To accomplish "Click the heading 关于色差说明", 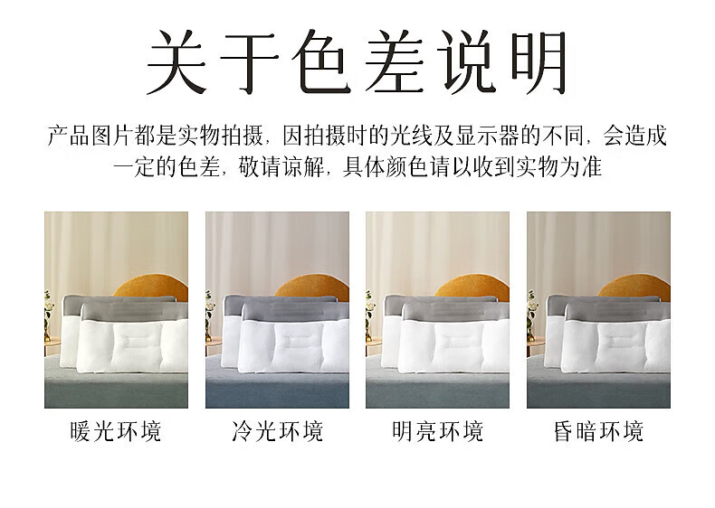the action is point(357,61).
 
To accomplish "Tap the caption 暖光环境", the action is point(116,431).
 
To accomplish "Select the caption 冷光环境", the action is point(277,431).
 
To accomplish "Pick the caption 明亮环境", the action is point(437,431).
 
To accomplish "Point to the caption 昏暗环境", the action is point(598,431).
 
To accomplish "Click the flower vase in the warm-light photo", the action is point(48,315).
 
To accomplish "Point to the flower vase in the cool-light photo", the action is point(209,315).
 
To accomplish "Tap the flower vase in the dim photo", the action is point(531,315).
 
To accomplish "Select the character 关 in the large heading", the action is point(176,62).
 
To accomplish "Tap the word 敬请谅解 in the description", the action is point(281,167).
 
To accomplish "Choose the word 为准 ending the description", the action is point(581,167).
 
